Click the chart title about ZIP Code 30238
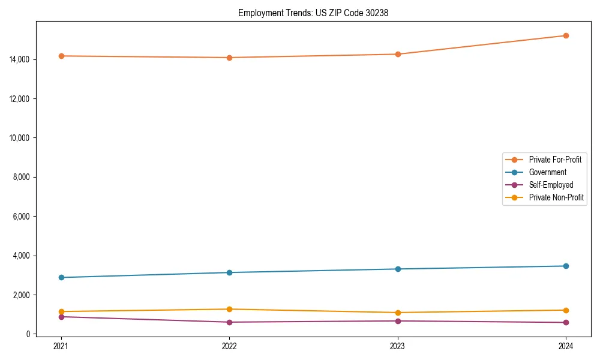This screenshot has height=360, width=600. [x=313, y=13]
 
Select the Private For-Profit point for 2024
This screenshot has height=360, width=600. [x=566, y=35]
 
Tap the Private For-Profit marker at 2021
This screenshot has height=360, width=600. [x=61, y=56]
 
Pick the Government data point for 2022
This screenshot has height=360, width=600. [x=229, y=272]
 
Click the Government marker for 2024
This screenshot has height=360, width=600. [x=566, y=266]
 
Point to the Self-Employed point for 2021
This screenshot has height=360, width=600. [x=61, y=316]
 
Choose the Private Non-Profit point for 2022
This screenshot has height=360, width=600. [x=229, y=309]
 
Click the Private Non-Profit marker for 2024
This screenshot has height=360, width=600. [x=566, y=310]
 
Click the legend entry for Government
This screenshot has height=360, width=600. [x=547, y=172]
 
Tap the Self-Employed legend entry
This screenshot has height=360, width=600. [x=551, y=185]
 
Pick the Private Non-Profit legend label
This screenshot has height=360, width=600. [x=556, y=197]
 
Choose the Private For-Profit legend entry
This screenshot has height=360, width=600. [x=555, y=160]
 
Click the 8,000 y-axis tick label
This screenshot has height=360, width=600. [x=23, y=177]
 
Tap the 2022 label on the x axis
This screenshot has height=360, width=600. [x=229, y=346]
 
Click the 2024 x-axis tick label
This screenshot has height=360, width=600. [x=566, y=346]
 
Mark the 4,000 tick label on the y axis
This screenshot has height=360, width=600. [x=23, y=256]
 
